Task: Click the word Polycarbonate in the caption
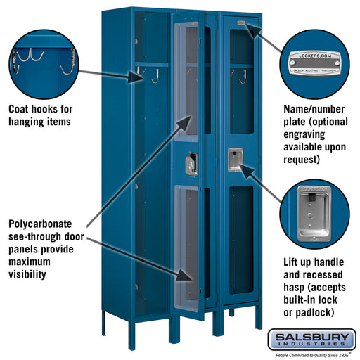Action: (x=46, y=224)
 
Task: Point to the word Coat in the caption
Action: (x=22, y=110)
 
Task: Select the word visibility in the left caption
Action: (x=30, y=274)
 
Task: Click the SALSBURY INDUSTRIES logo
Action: (x=311, y=340)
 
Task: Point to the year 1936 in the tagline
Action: (x=344, y=355)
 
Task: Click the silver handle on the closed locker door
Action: (x=233, y=160)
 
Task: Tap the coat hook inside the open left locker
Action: (x=153, y=75)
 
